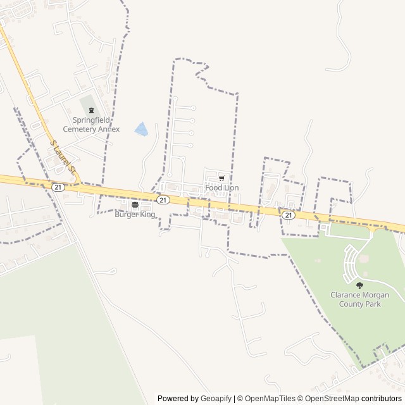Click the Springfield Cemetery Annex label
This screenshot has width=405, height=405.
(96, 125)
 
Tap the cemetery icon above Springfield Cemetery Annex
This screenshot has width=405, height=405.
(91, 111)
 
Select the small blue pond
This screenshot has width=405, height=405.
(142, 129)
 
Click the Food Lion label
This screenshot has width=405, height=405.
(222, 188)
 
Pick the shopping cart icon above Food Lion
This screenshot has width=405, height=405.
(221, 178)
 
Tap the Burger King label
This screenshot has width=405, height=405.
(135, 215)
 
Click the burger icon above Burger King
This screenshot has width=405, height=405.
(135, 205)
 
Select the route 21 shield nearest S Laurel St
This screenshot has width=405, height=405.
(58, 187)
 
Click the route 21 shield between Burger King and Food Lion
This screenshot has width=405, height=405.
(163, 200)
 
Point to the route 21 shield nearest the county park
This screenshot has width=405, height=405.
(289, 215)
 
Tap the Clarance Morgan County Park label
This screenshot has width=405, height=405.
(359, 299)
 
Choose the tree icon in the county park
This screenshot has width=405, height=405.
(359, 286)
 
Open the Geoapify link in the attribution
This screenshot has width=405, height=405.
(216, 399)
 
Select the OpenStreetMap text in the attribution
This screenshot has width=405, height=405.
(328, 399)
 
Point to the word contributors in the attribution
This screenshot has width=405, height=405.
(382, 399)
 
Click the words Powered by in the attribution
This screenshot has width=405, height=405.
(178, 399)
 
